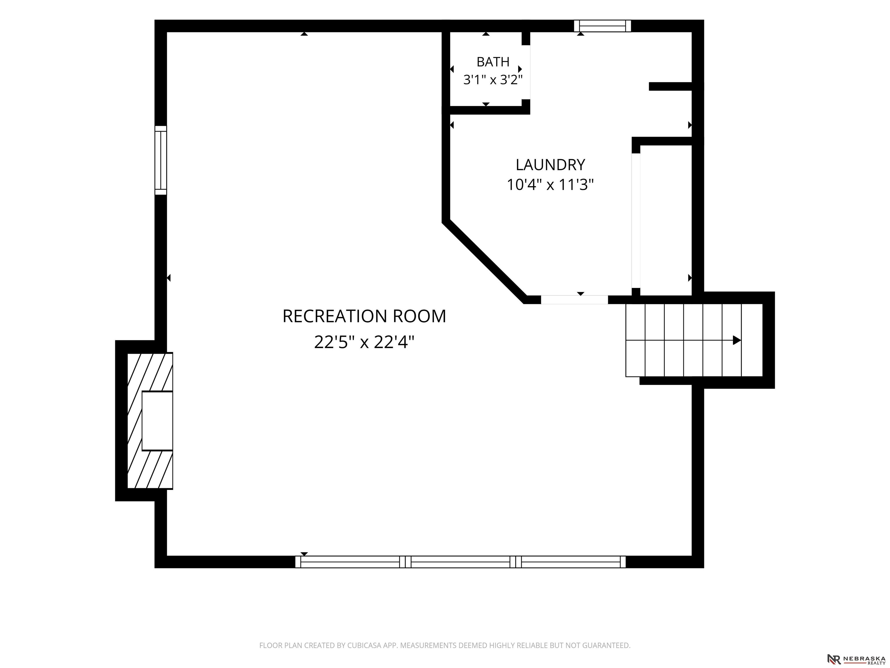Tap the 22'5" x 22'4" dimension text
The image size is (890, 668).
point(364,343)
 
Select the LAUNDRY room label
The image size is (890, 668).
point(550,165)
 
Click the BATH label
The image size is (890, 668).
point(493,62)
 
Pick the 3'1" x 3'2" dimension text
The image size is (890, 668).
point(493,80)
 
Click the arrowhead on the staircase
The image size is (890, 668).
point(737,340)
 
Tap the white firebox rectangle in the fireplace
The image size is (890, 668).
point(157,421)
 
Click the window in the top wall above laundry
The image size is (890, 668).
point(602,26)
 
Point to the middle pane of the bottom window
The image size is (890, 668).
point(460,562)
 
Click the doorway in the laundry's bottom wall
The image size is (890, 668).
point(574,299)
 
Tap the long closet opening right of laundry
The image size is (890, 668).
point(636,221)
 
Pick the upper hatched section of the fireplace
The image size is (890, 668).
point(150,372)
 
